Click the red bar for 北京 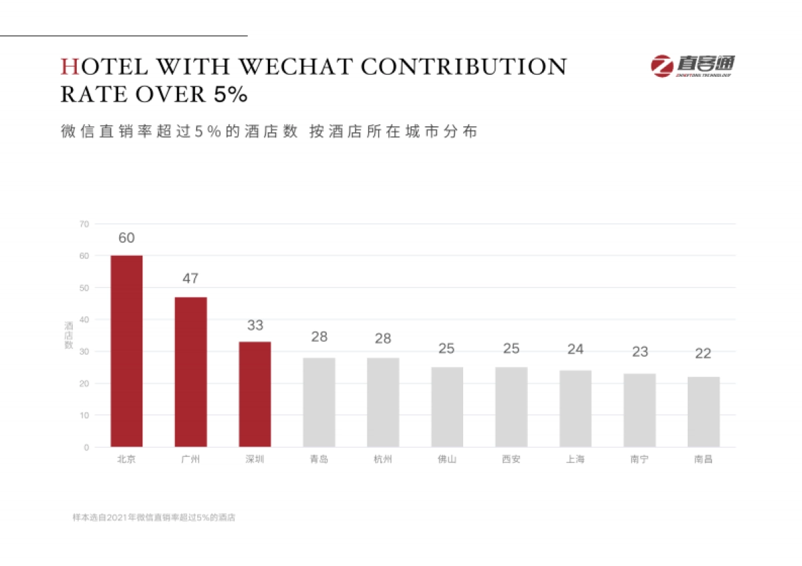click(x=126, y=351)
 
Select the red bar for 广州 click(x=190, y=372)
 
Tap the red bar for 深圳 click(x=255, y=394)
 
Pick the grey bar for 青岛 click(x=319, y=402)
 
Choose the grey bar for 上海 click(x=575, y=408)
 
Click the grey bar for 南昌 click(x=703, y=412)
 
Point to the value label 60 click(x=126, y=238)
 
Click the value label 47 click(x=190, y=279)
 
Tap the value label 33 click(x=255, y=325)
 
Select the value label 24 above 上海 click(x=575, y=349)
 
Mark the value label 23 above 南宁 click(x=640, y=351)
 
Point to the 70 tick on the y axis click(x=84, y=224)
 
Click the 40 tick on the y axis click(x=84, y=319)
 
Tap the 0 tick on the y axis click(x=86, y=447)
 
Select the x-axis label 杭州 click(x=383, y=460)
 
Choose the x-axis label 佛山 click(x=447, y=460)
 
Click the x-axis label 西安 click(x=511, y=460)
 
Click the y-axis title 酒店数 click(x=68, y=335)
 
